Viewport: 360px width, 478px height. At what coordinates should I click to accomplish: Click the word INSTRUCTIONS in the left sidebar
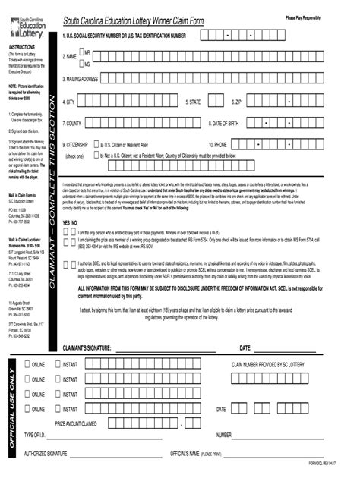[23, 47]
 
